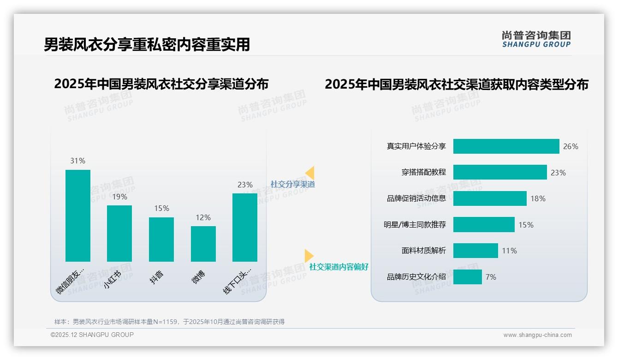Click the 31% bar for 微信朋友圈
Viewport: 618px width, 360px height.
point(78,216)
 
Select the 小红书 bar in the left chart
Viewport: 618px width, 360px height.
point(119,234)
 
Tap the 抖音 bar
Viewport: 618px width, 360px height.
point(161,240)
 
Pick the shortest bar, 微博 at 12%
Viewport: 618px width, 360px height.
point(203,244)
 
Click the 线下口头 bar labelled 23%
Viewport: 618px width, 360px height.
point(245,228)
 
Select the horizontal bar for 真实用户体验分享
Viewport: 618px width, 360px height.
point(506,146)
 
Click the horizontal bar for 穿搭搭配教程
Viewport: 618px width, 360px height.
point(500,172)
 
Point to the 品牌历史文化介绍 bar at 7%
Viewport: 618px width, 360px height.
point(467,277)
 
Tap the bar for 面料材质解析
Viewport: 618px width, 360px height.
point(475,251)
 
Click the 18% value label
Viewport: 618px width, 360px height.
point(538,198)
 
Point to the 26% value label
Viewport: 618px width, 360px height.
point(570,146)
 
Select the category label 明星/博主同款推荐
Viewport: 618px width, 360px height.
point(415,225)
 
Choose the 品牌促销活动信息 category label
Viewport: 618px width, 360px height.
point(416,198)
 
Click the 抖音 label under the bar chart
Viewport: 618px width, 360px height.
point(157,277)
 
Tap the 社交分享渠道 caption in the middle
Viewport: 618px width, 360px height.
point(292,184)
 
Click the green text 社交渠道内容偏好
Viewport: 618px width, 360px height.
point(339,267)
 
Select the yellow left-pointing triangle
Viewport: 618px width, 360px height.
point(310,173)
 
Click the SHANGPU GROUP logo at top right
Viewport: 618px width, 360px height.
point(536,39)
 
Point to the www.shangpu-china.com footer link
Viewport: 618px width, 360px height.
point(537,335)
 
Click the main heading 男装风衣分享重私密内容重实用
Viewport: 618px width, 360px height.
point(147,44)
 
